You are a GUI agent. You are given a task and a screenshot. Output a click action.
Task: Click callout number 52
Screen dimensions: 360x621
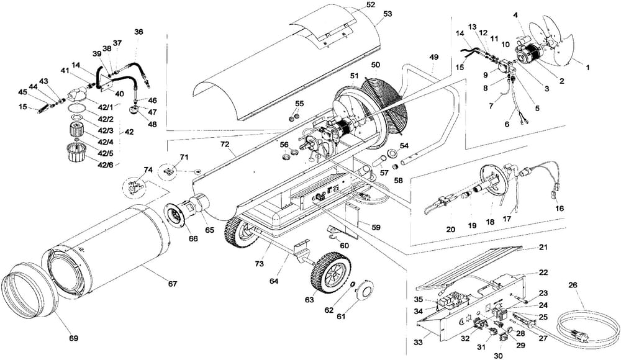[371, 5]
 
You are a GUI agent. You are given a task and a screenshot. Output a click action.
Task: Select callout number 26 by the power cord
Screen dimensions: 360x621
[572, 286]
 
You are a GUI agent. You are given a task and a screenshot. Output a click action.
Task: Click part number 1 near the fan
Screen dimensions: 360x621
[589, 66]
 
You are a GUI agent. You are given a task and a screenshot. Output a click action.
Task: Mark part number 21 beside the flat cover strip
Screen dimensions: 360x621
[543, 246]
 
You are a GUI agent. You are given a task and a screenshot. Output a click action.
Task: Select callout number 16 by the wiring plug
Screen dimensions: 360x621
[560, 209]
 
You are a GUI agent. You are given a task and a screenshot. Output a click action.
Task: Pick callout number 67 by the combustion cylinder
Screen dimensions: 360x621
[172, 284]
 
